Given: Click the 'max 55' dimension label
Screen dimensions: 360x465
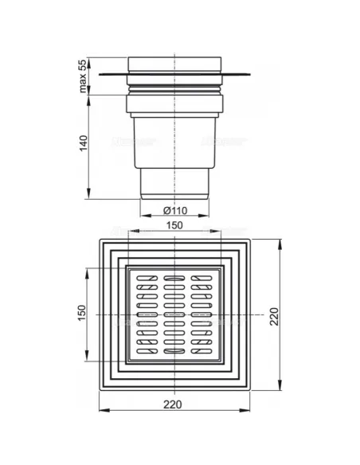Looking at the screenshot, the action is click(83, 76).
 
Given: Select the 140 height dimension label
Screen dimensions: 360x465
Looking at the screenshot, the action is click(84, 143).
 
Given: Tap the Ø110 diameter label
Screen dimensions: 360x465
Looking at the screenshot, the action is click(175, 210).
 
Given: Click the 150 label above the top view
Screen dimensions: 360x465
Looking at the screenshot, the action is click(174, 225).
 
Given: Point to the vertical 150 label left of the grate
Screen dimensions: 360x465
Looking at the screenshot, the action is click(81, 313).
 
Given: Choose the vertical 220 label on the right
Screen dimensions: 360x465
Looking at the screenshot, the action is click(274, 316).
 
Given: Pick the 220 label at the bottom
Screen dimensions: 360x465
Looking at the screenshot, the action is click(173, 404).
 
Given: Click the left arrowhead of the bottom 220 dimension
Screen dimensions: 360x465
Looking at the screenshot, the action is click(104, 410).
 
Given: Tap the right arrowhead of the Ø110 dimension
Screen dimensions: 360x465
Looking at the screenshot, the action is click(204, 216).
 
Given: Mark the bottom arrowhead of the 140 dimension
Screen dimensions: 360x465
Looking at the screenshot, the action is click(88, 193).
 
